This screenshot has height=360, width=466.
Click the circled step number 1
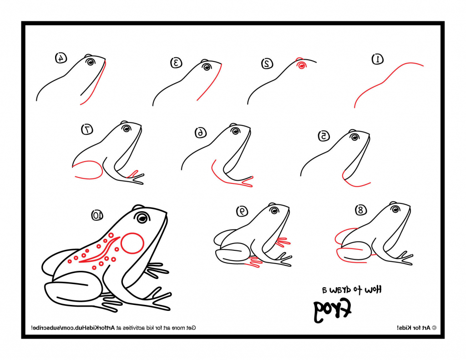tap(378, 59)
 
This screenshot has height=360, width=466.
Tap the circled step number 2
tap(267, 63)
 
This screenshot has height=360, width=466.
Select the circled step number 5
tap(324, 136)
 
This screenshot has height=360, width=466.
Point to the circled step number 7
tap(87, 129)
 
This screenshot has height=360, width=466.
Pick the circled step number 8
tap(361, 210)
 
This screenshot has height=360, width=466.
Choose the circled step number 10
tap(97, 215)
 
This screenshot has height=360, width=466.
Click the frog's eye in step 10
tap(143, 218)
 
